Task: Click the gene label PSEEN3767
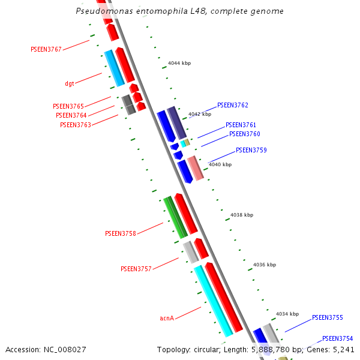coord(46,49)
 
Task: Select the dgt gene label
coord(70,83)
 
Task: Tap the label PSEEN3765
coord(68,106)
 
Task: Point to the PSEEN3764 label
coord(71,115)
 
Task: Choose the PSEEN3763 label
coord(76,125)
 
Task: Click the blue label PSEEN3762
coord(233,105)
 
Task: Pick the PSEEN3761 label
coord(241,125)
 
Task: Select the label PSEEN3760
coord(245,134)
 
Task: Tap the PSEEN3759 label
coord(251,150)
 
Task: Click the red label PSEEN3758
coord(121,233)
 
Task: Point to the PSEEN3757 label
coord(136,269)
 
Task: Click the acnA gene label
coord(167,318)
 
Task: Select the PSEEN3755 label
coord(328,317)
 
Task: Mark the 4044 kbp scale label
coord(179,63)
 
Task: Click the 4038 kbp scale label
coord(242,215)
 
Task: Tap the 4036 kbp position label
coord(265,265)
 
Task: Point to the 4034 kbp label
coord(287,314)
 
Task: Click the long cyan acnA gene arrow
coord(213,300)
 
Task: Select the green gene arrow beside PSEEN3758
coord(175,217)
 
